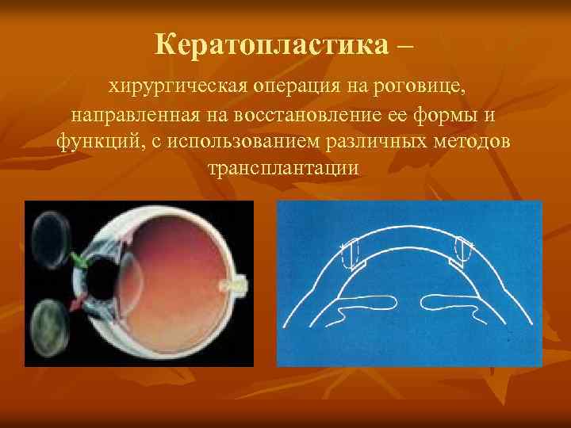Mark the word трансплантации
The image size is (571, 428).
[283, 170]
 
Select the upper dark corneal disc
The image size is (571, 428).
[50, 232]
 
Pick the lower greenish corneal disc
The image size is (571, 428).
[49, 332]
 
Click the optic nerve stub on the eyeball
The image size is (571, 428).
[237, 283]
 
